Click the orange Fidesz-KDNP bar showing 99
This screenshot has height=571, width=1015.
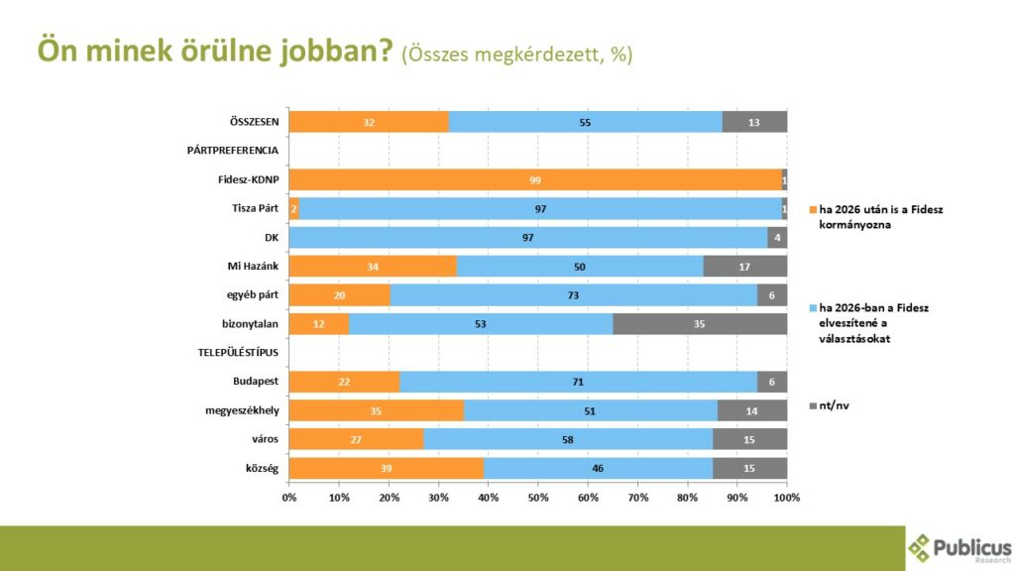tap(535, 179)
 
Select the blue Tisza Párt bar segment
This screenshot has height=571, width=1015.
tap(540, 208)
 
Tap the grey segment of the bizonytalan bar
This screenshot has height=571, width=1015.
tap(700, 323)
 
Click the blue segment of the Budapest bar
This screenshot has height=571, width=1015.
tap(577, 381)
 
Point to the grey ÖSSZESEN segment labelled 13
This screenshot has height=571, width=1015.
tap(754, 122)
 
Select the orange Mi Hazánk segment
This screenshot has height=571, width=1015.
tap(373, 266)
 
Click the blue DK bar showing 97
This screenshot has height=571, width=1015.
tap(528, 237)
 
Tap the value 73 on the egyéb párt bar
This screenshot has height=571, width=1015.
tap(573, 294)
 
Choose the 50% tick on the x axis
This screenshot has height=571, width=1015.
tap(538, 496)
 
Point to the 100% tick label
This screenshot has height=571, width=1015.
tap(786, 496)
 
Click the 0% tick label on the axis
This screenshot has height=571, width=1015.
tap(289, 496)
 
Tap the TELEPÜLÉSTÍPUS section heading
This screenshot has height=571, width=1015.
tap(234, 353)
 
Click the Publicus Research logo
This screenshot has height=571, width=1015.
tap(959, 548)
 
